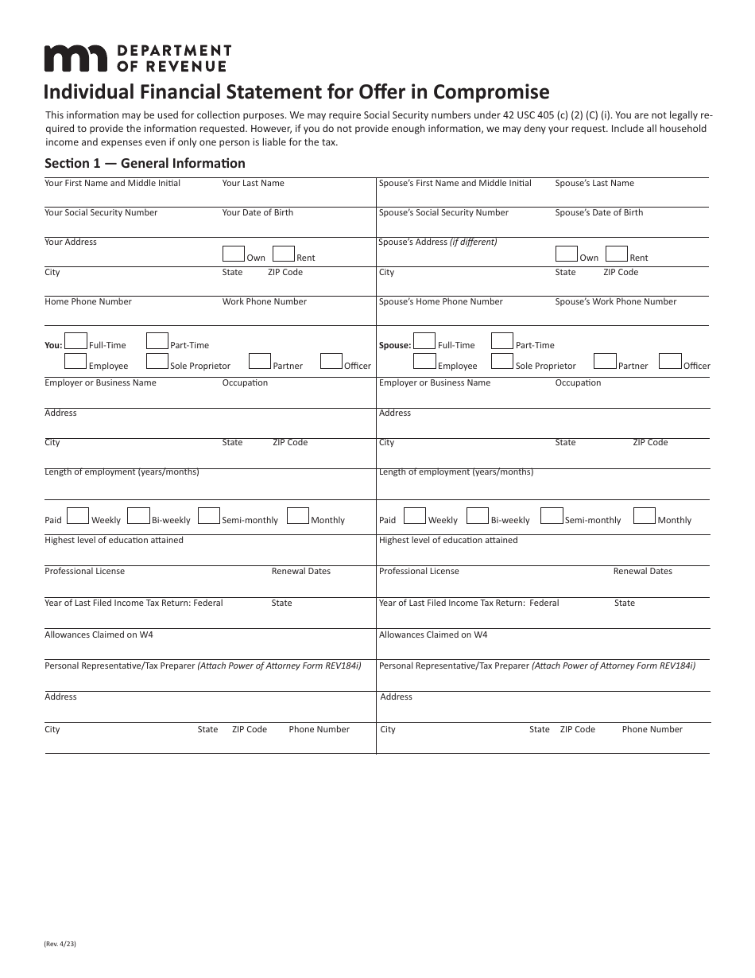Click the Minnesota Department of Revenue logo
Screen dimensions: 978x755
tap(137, 58)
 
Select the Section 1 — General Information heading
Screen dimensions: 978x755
tap(145, 163)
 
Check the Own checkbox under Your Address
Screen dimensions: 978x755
tap(234, 254)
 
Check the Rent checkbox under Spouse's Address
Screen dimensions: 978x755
tap(616, 254)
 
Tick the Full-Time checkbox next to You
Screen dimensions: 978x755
tap(75, 341)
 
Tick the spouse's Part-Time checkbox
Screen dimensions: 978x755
tap(502, 341)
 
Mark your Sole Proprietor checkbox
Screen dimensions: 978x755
tap(157, 362)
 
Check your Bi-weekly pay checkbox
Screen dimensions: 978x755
tap(139, 516)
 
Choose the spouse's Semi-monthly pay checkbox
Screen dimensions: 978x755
tap(552, 516)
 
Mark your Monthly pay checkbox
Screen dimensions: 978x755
tap(298, 516)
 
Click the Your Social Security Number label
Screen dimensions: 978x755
tap(101, 212)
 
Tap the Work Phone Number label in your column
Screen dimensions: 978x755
tap(264, 301)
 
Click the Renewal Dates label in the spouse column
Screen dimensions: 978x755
tap(642, 571)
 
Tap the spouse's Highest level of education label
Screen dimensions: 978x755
tap(448, 540)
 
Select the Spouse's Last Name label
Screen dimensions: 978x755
tap(594, 183)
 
